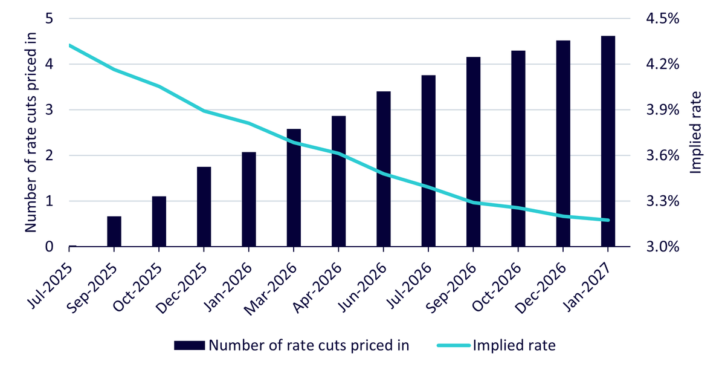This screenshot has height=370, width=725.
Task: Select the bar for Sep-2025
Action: (114, 232)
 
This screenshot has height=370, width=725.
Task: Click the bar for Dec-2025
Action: (204, 207)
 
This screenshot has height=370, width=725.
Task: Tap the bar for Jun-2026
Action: (384, 169)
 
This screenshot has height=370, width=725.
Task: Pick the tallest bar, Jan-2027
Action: (608, 141)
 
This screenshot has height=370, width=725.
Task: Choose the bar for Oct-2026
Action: (518, 149)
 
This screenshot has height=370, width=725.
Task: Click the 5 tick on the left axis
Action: (49, 19)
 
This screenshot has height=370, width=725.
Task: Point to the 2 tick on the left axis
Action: (49, 155)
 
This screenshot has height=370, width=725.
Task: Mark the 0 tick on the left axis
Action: (49, 247)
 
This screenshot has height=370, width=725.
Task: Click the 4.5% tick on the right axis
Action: (663, 19)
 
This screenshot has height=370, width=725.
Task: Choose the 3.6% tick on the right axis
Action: (663, 155)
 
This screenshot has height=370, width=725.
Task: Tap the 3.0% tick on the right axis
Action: (663, 247)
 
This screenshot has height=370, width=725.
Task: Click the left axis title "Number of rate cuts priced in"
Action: (30, 132)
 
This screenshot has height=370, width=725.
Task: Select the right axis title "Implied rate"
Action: (695, 132)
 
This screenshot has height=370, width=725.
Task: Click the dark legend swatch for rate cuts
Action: (189, 345)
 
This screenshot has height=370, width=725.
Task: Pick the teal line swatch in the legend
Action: (454, 345)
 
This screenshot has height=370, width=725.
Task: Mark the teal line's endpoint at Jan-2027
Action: (608, 220)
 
